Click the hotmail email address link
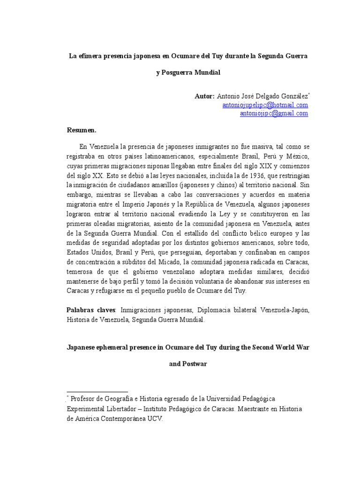265,105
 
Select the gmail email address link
274,113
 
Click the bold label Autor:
204,96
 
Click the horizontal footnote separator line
97,391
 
